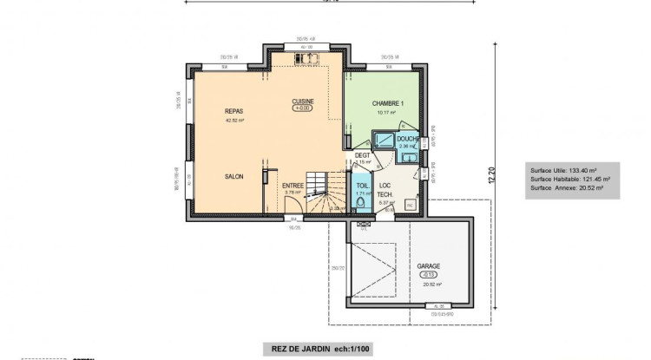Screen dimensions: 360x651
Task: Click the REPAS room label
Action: [233, 112]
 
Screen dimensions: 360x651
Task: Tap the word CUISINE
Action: [303, 101]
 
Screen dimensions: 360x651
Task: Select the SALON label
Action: [233, 176]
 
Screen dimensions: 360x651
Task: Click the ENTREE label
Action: [293, 185]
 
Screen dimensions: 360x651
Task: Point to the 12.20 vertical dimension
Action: [490, 176]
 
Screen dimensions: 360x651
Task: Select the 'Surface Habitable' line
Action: [569, 179]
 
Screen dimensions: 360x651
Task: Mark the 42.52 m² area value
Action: [233, 121]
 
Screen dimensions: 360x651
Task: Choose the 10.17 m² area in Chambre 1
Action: [385, 113]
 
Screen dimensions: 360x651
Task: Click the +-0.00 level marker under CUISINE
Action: [303, 108]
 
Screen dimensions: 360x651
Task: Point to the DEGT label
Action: [362, 154]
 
